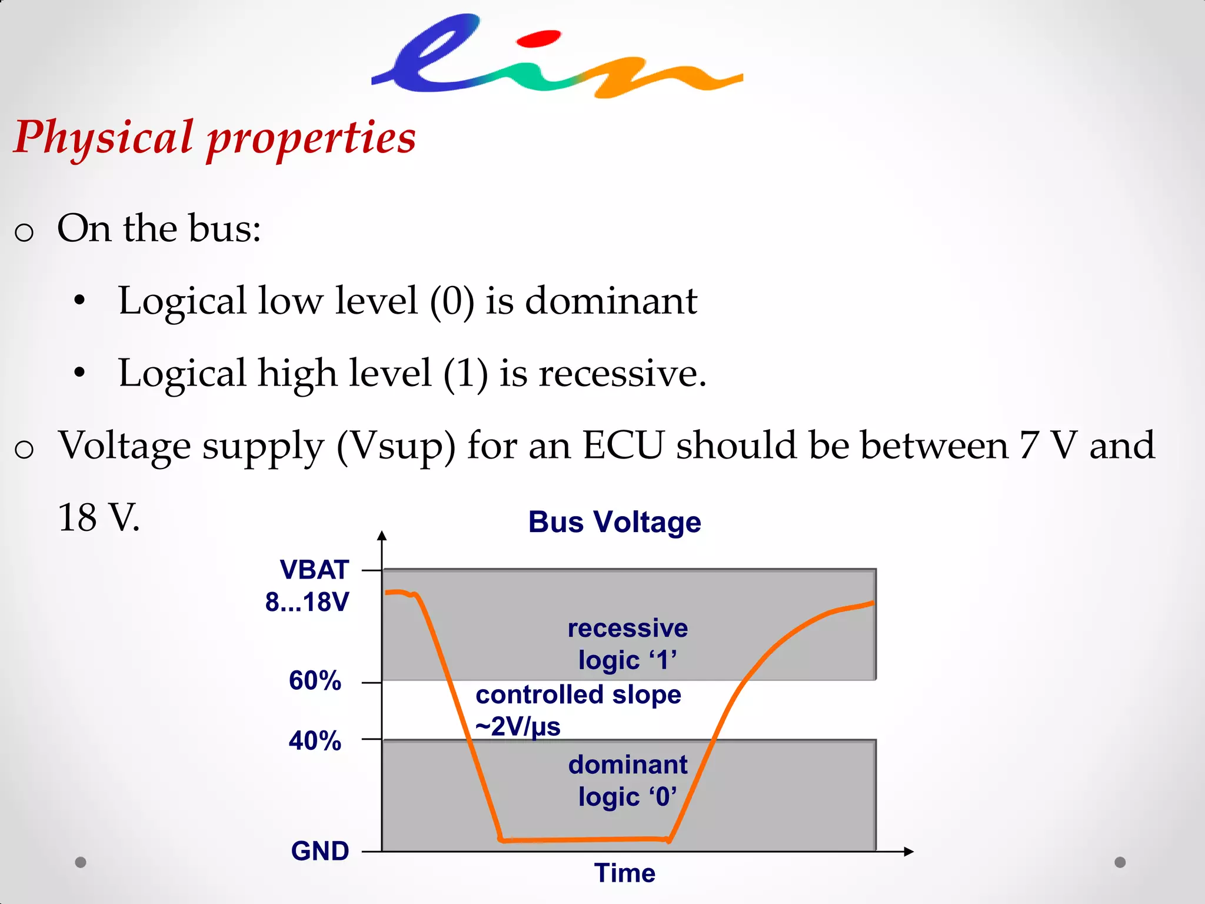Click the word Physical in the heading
104,138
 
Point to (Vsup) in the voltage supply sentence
396,446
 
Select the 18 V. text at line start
99,518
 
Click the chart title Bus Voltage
614,522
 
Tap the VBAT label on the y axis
314,570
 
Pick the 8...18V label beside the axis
307,601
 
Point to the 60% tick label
315,680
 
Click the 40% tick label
315,740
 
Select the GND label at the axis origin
319,851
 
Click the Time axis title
624,873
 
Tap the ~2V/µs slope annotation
518,727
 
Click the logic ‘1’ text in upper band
627,660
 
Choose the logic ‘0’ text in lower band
627,797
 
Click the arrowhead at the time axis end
908,852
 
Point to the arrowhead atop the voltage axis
382,536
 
